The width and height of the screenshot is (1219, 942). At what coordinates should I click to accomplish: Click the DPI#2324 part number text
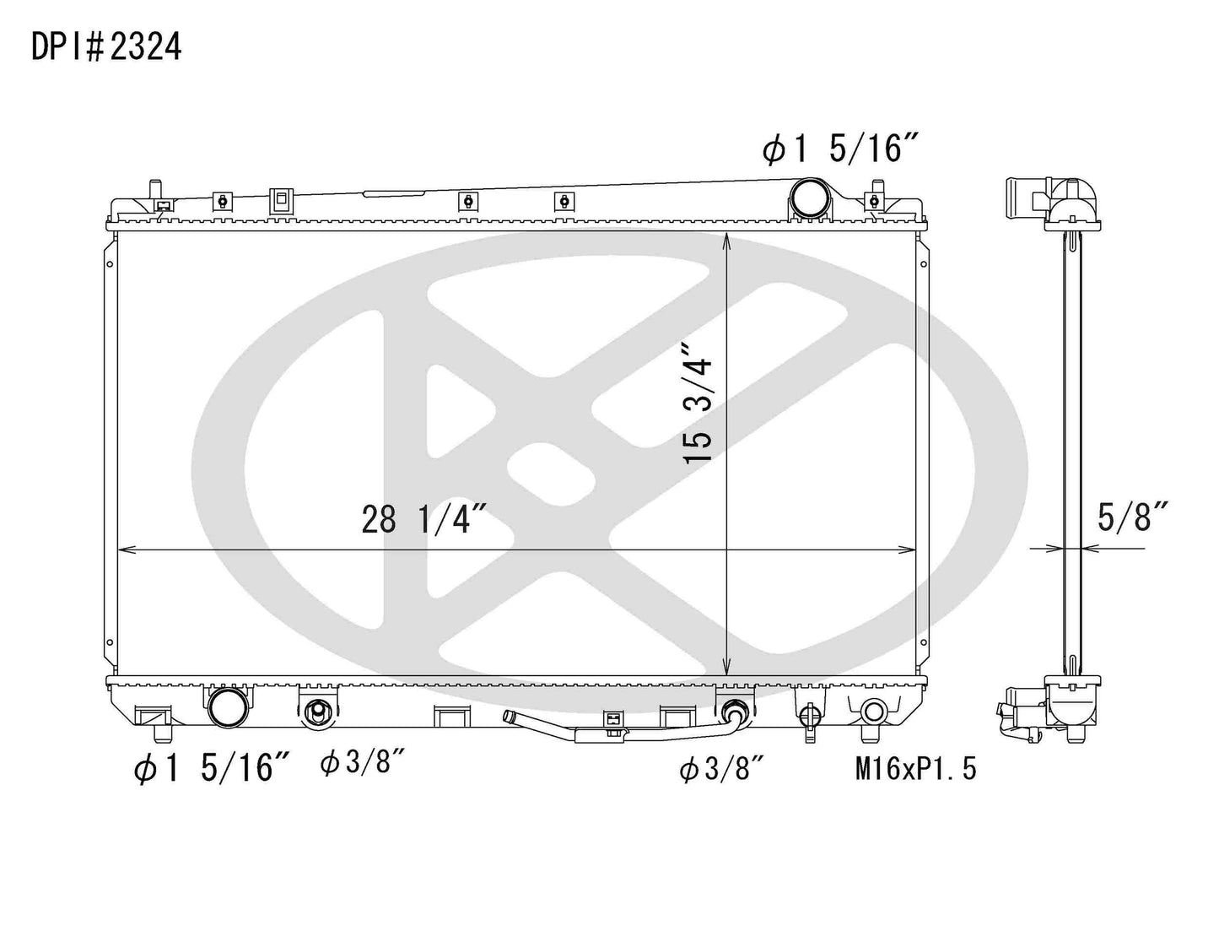pos(106,48)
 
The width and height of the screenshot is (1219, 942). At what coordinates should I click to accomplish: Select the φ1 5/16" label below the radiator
pos(213,769)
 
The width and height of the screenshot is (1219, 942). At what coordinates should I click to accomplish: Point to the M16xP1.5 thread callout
pos(915,769)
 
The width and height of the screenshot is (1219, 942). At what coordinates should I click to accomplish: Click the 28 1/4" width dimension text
pos(425,520)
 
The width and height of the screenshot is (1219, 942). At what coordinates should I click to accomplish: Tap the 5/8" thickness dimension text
pos(1132,517)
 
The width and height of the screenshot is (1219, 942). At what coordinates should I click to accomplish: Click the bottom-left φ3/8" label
pos(364,764)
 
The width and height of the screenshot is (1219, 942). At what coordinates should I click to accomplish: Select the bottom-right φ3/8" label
pos(723,769)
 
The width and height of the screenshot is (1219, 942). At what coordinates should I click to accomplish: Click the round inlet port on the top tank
pos(809,201)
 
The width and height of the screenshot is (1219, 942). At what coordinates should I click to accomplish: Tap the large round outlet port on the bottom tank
pos(229,707)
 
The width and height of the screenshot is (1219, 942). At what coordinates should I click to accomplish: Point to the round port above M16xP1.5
pos(872,709)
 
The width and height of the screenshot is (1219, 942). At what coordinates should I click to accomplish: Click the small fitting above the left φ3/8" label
pos(318,712)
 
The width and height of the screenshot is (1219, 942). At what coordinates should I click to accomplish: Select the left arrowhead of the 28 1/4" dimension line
pos(124,549)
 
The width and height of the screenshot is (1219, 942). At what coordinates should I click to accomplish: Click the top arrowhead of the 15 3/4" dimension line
pos(727,239)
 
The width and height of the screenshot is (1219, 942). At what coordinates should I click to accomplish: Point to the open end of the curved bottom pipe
pos(509,717)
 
